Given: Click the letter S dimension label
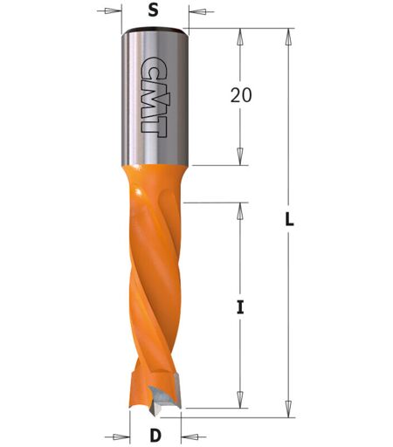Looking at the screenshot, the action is point(153,10).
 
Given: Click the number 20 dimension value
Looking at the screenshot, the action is point(241,95).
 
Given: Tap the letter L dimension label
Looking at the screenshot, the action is point(289,219).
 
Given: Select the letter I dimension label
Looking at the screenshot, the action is point(240,307).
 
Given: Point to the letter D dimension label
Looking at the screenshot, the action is point(155,436).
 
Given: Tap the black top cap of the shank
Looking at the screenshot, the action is point(155,30).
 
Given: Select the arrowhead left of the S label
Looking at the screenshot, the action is point(113,11).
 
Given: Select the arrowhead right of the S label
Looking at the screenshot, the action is point(197,11).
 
